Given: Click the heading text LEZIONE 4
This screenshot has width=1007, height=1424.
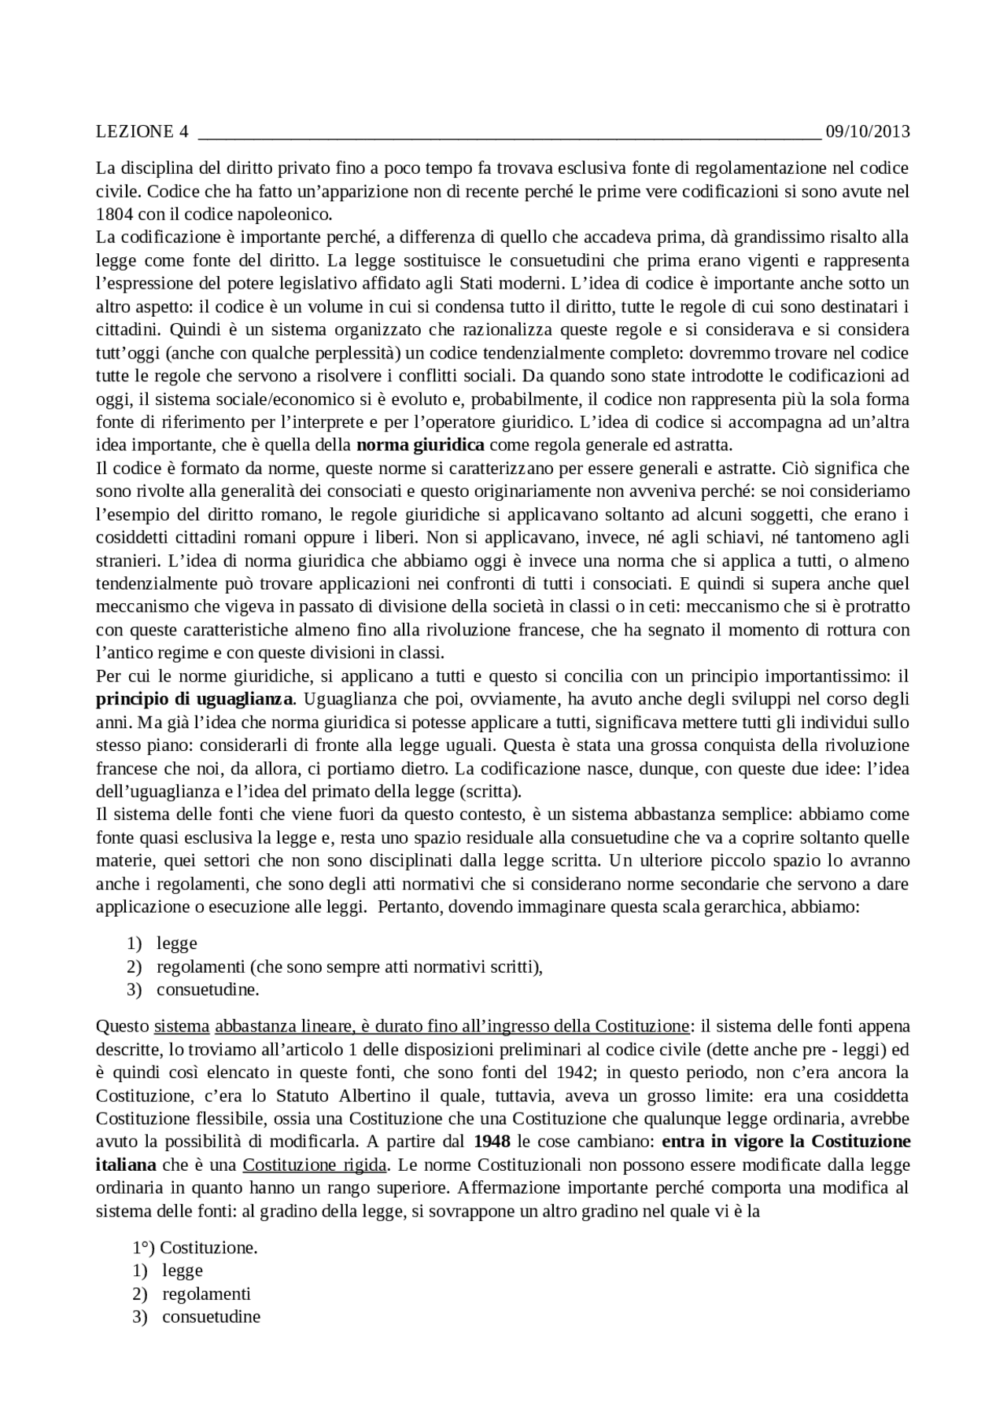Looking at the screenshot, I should [x=142, y=131].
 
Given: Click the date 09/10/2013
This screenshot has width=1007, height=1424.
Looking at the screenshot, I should [x=867, y=131].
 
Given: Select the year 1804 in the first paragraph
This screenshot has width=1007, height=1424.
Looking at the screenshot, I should [x=109, y=214].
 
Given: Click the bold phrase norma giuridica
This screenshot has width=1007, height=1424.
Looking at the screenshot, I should [x=420, y=445].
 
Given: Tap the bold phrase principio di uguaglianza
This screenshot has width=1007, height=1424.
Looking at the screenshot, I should [x=195, y=699].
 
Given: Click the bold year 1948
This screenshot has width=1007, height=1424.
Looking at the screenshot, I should [x=492, y=1141].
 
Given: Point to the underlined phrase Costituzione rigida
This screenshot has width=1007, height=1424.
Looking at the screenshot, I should [x=315, y=1165].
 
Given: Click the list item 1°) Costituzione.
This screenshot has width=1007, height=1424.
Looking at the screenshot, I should [x=195, y=1248].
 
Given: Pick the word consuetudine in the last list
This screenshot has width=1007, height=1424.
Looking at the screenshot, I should [x=211, y=1317].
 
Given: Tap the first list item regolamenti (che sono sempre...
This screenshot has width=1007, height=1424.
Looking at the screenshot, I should [x=349, y=966].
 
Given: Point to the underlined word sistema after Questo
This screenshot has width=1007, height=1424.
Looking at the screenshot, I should [x=182, y=1026].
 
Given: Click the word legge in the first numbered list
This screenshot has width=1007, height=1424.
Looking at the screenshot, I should [x=177, y=943].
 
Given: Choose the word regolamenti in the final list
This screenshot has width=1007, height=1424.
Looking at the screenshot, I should [x=206, y=1293].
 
